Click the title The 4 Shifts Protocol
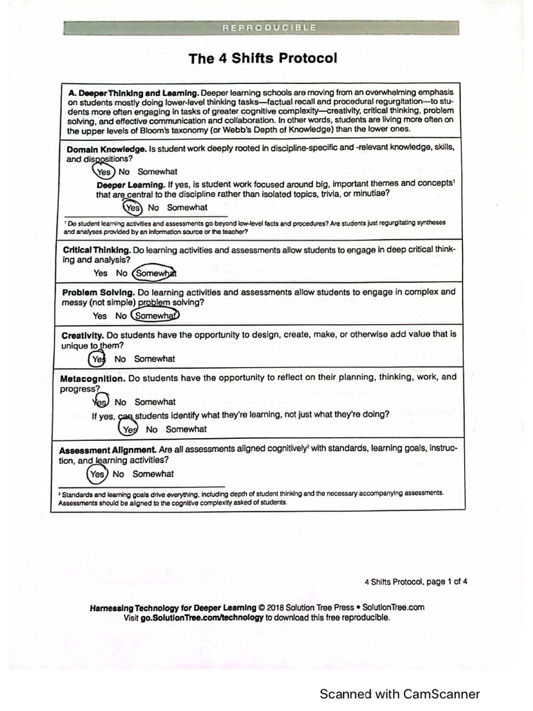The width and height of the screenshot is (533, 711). [x=263, y=58]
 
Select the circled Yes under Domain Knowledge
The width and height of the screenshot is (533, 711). [x=103, y=172]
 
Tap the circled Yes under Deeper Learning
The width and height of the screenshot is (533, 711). [x=133, y=207]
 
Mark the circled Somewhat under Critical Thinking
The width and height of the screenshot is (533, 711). [x=155, y=274]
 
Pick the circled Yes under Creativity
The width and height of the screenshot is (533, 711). [x=98, y=359]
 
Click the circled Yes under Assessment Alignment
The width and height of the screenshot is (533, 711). [x=98, y=474]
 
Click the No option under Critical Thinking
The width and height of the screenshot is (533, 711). [x=121, y=274]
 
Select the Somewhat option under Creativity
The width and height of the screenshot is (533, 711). [x=154, y=359]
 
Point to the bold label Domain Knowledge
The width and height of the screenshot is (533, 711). [x=106, y=149]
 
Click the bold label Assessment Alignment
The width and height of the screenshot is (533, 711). [x=107, y=449]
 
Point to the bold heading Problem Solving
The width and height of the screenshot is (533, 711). [x=96, y=292]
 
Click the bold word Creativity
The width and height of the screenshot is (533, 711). [x=82, y=335]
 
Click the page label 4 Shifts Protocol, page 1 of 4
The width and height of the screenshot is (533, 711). [x=416, y=582]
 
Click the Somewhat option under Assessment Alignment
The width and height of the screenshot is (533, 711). [x=153, y=474]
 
